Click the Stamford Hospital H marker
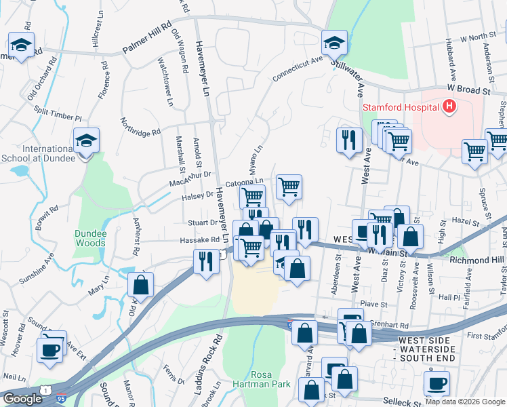click(448, 106)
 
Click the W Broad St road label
click(468, 90)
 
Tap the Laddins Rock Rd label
click(217, 355)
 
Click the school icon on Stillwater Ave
click(334, 44)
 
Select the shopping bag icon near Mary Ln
click(140, 284)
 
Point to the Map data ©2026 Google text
click(465, 402)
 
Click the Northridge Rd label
click(140, 125)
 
